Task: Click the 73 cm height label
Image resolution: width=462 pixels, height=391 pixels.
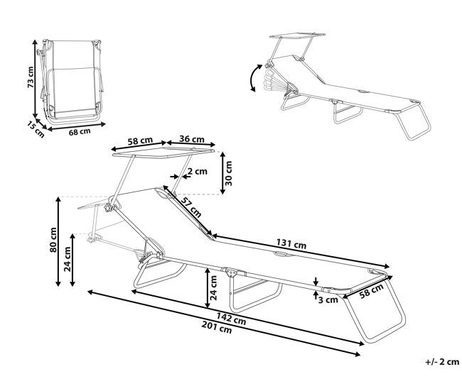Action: pos(31,77)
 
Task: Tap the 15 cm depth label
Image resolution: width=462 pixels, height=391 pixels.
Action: pos(36,129)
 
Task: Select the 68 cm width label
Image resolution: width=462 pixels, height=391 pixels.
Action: pos(80,132)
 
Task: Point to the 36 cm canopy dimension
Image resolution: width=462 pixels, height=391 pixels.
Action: pos(191,139)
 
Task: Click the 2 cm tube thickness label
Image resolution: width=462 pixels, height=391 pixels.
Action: pos(198,171)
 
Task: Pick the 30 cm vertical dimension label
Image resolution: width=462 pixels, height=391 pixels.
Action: pos(229,173)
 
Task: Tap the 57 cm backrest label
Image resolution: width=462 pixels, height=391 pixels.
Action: pos(191,207)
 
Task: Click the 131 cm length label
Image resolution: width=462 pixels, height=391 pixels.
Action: pos(291,243)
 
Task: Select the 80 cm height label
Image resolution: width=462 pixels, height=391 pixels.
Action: pos(53,239)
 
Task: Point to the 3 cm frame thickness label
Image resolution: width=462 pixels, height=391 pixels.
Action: pos(328,299)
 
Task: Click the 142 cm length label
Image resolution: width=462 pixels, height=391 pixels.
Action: pos(231,319)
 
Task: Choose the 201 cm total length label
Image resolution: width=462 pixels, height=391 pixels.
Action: pos(217,327)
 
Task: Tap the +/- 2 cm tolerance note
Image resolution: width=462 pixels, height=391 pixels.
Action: pos(442,362)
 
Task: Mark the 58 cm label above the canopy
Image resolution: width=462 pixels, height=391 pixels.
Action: pos(140,141)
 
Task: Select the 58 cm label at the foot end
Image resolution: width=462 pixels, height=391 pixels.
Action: pos(372,291)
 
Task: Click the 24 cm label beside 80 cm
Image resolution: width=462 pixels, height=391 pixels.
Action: pos(68,259)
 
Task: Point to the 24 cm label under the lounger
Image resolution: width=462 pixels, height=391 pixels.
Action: pos(213,287)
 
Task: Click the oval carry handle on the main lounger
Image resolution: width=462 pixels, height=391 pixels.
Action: pos(281,255)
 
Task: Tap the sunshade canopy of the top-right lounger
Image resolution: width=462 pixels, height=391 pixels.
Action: pos(298,36)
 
